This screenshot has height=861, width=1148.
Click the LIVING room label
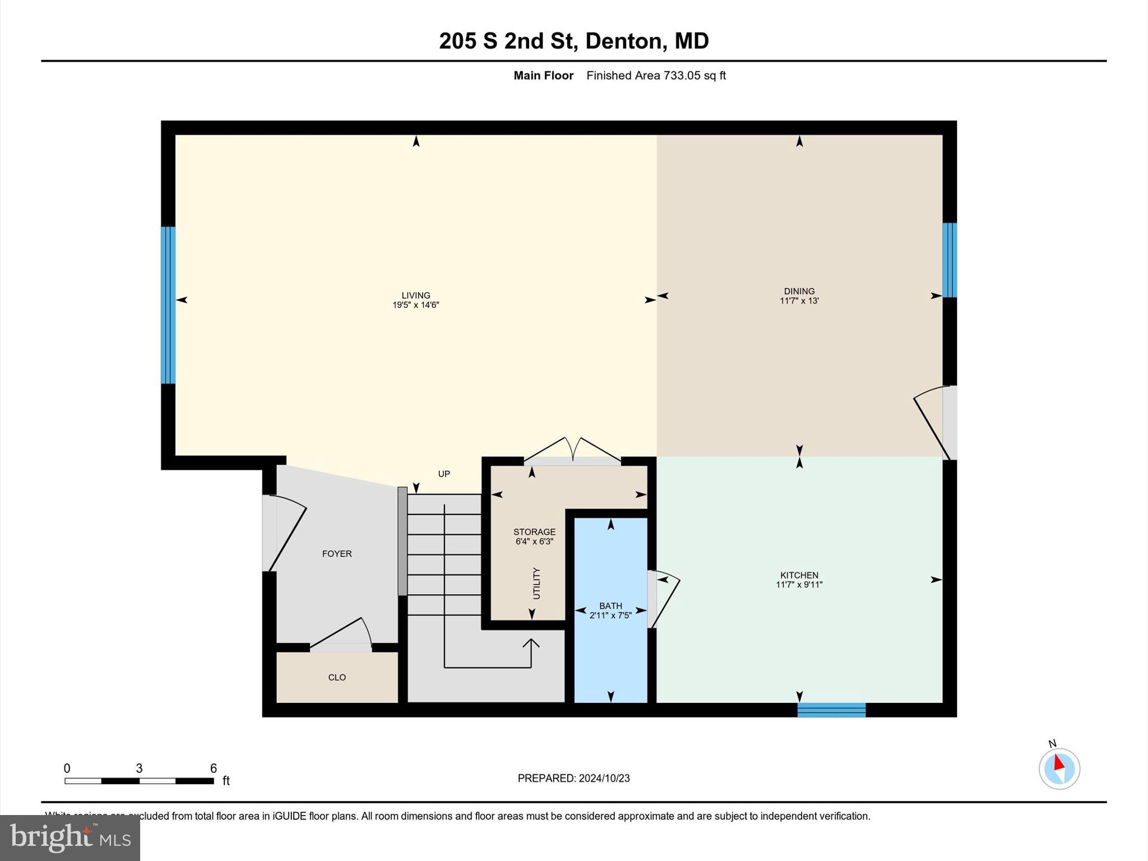click(415, 295)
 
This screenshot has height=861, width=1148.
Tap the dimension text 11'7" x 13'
click(799, 301)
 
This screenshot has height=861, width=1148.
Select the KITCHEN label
click(799, 575)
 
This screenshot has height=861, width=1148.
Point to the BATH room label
click(610, 606)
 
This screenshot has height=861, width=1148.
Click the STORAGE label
click(534, 532)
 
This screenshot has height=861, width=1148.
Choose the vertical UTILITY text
click(536, 584)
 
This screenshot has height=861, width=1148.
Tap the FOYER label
click(337, 554)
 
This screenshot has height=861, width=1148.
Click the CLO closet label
click(337, 678)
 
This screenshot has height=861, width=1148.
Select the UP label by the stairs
click(444, 474)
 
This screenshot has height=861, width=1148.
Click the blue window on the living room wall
click(168, 305)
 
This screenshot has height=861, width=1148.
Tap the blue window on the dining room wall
click(949, 260)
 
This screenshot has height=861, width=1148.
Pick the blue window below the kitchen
click(831, 710)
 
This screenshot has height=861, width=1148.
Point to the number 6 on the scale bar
click(213, 769)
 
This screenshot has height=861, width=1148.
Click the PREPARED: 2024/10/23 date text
click(573, 779)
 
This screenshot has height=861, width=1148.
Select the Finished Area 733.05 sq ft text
click(656, 76)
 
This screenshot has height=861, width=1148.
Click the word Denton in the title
click(626, 41)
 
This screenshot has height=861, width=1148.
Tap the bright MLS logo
click(70, 837)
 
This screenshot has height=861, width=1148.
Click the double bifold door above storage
click(572, 450)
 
